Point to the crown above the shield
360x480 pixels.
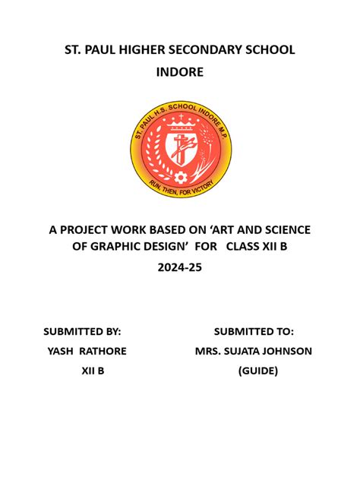179,122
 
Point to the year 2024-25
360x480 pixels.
179,268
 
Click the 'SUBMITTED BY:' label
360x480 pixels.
83,331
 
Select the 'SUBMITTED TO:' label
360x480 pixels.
254,331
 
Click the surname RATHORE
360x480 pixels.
103,351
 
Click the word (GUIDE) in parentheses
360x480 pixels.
257,371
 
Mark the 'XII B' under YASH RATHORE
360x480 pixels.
92,371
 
